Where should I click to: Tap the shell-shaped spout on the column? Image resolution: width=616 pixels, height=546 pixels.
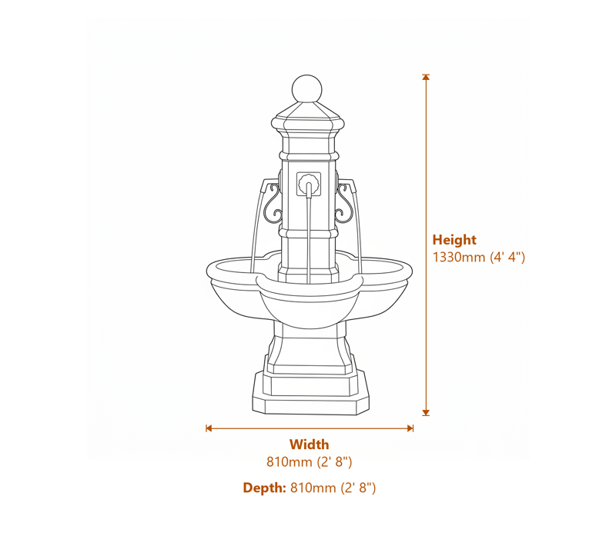click(309, 185)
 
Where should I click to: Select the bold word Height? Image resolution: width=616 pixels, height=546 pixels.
click(454, 240)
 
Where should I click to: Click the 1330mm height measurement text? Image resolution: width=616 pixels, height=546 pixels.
click(478, 258)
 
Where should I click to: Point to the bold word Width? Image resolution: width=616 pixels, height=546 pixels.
click(309, 444)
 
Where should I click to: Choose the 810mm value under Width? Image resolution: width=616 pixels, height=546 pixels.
click(309, 462)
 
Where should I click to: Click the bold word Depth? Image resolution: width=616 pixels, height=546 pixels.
click(264, 488)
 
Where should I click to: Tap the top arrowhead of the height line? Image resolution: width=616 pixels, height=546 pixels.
click(426, 78)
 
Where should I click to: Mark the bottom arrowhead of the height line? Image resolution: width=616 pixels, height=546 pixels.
click(426, 412)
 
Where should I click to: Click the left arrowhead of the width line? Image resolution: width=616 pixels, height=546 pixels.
click(209, 428)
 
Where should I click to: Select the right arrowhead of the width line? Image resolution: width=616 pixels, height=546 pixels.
click(410, 428)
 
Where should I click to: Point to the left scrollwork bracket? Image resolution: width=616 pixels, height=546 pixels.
click(272, 203)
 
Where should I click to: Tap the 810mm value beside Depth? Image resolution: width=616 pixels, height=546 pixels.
click(333, 488)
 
